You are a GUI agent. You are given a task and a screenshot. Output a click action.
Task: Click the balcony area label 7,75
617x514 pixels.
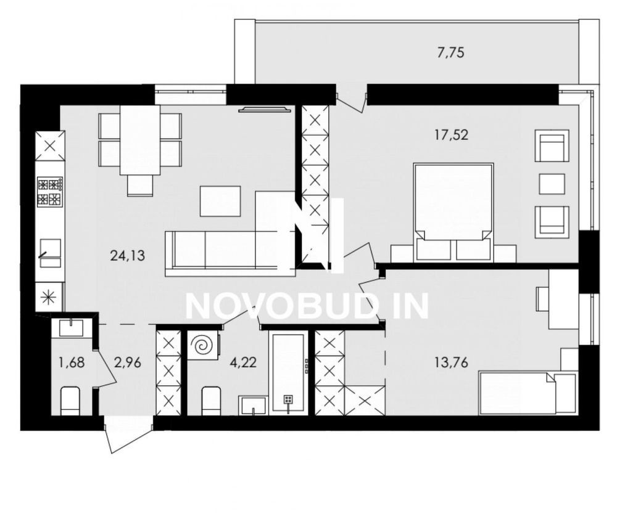tap(451, 52)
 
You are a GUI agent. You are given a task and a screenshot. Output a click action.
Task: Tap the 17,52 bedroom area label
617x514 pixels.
tap(451, 135)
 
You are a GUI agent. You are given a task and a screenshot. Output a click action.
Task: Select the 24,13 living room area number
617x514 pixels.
tap(128, 256)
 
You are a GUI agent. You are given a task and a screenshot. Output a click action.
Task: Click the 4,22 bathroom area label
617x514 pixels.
tap(242, 362)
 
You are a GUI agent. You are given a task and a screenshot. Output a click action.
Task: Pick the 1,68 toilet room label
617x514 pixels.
tap(72, 362)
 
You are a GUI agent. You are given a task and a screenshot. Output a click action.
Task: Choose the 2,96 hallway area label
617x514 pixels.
tap(128, 362)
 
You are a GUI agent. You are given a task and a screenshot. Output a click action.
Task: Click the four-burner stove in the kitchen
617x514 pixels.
tap(50, 192)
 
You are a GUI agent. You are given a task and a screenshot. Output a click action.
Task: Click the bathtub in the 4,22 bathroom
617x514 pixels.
tap(288, 372)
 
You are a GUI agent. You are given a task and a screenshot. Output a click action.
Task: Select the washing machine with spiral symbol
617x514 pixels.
tap(202, 345)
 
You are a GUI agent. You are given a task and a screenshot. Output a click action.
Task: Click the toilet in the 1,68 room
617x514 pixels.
tap(71, 401)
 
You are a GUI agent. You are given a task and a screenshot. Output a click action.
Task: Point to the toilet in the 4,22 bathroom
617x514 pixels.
tap(211, 401)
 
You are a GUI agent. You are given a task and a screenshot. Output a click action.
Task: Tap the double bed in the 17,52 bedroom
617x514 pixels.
tap(453, 212)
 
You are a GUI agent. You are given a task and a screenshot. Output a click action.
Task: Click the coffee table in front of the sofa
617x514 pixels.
tap(220, 201)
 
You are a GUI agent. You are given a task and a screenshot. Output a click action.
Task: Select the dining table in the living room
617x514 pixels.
tap(140, 140)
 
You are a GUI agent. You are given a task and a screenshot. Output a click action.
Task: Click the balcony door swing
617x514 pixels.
tap(352, 100)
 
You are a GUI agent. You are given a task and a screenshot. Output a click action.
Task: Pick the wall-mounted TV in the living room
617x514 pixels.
tap(265, 110)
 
